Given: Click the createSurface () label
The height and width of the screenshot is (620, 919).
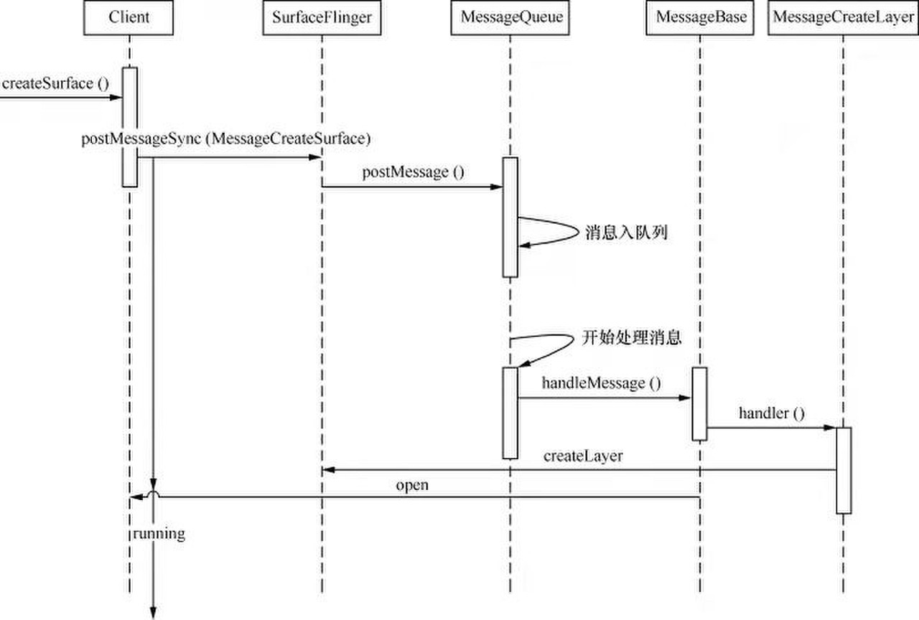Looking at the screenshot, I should click(55, 83).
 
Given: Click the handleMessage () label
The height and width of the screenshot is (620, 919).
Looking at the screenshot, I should click(601, 383).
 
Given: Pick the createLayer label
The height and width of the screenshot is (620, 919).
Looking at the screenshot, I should click(582, 456).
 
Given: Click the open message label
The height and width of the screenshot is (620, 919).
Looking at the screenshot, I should click(411, 485).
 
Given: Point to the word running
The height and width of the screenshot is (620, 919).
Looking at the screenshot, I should click(159, 533).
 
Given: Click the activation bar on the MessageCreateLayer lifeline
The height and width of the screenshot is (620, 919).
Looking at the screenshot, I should click(843, 470).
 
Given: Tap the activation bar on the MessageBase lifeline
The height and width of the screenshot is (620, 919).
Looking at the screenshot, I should click(700, 403).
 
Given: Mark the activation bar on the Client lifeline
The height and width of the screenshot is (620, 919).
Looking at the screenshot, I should click(129, 126).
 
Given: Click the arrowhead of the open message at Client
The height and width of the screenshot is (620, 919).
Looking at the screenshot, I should click(134, 497).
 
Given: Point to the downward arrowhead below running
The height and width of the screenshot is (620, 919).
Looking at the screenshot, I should click(153, 611).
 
